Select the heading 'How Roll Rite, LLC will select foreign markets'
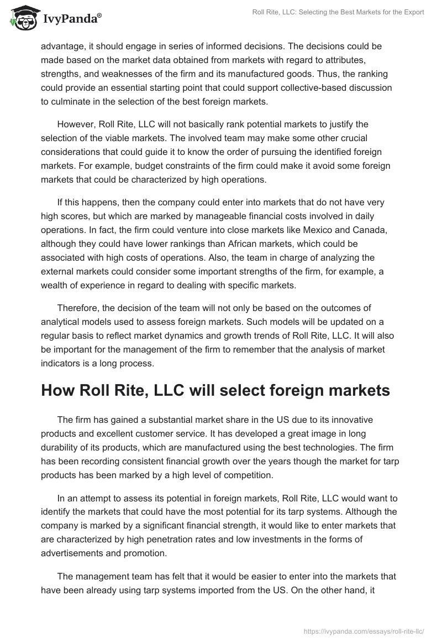215,390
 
